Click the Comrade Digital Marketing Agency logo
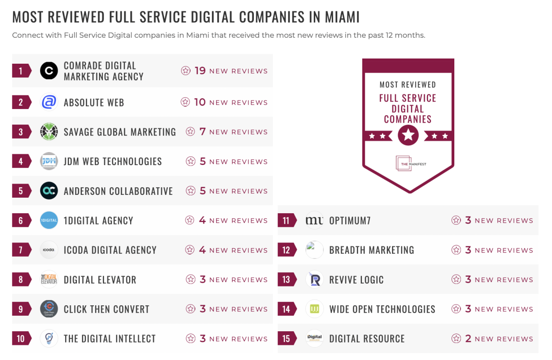coord(49,71)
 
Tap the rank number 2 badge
coord(21,102)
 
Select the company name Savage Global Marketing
coord(120,132)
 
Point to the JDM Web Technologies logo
coord(49,161)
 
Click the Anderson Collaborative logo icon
coord(49,191)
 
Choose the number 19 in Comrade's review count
coord(200,71)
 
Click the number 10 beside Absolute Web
coord(200,102)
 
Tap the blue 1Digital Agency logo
coord(49,220)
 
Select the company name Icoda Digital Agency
coord(110,250)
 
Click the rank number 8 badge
coord(21,280)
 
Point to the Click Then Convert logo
coord(49,309)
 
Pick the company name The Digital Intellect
coord(109,339)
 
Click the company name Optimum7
coord(350,220)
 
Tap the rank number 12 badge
coord(286,250)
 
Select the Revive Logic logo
coord(315,280)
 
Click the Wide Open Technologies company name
coord(382,309)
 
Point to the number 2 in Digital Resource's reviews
coord(468,339)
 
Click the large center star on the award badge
coord(408,136)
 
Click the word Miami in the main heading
coord(342,17)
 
